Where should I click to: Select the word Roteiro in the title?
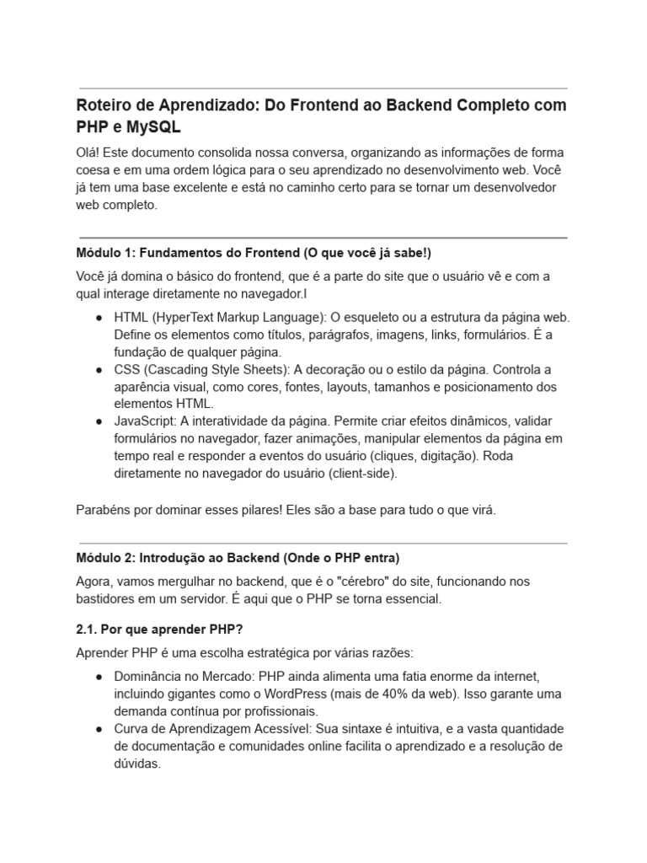click(104, 105)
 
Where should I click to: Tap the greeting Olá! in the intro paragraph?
click(89, 153)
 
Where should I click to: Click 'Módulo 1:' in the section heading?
click(105, 253)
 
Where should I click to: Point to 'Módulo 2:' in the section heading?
click(105, 558)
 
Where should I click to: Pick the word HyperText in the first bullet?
click(184, 318)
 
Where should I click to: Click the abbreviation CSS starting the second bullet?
click(127, 370)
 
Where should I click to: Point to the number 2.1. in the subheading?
click(88, 630)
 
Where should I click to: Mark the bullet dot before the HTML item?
click(99, 319)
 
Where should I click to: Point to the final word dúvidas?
click(137, 764)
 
